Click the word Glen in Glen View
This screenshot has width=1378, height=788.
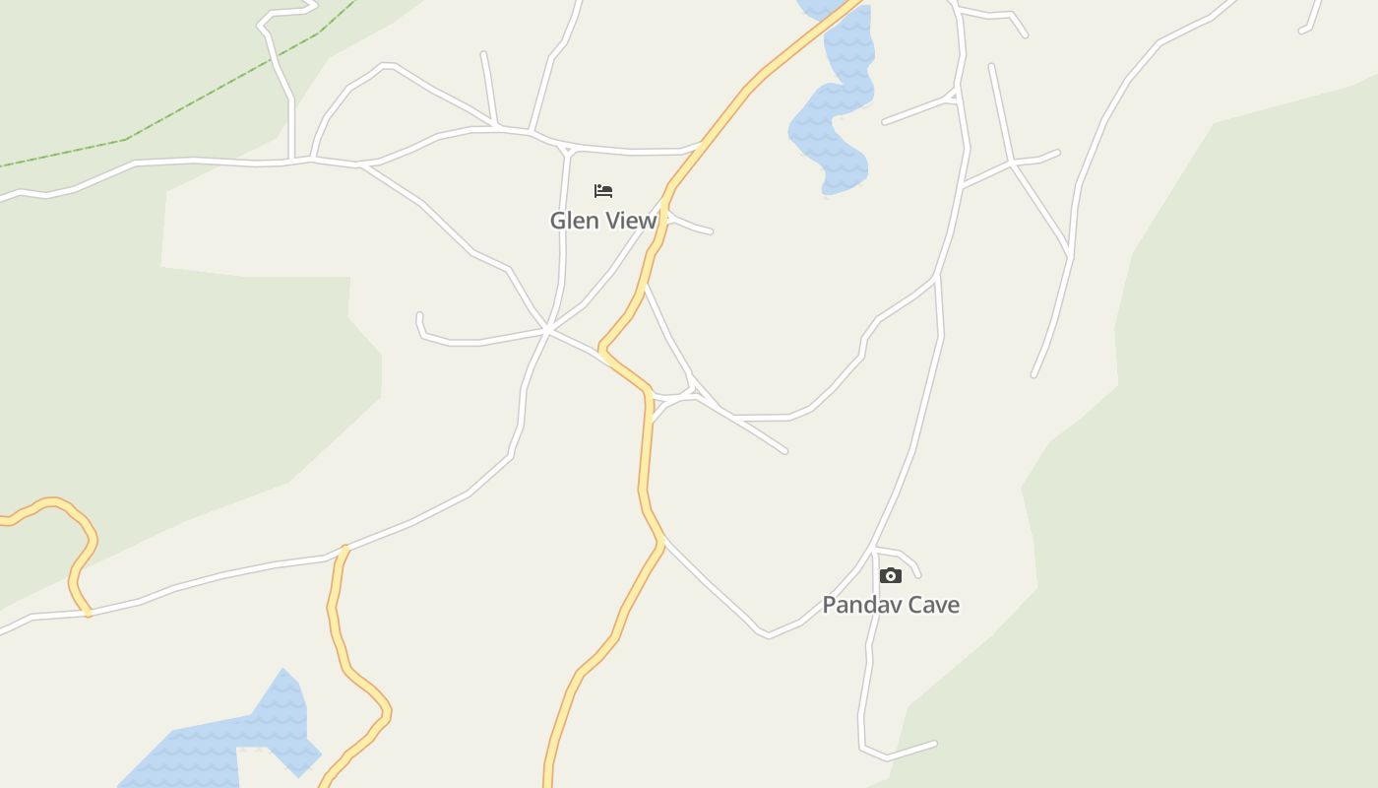[x=574, y=221]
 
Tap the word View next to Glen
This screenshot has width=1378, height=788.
[x=630, y=221]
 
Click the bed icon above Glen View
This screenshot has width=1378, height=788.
[x=603, y=190]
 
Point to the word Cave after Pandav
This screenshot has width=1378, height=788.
[x=934, y=605]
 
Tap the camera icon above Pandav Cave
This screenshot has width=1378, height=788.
[x=891, y=575]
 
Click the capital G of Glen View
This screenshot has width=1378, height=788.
[x=558, y=221]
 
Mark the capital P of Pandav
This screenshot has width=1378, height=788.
[x=829, y=605]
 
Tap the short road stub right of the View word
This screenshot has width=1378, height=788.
[x=691, y=226]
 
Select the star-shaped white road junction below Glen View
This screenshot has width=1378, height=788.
[x=548, y=329]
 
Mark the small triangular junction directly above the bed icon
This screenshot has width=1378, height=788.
[x=567, y=151]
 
